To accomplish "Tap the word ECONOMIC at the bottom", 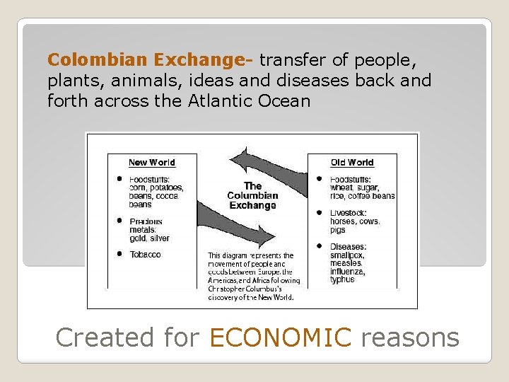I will (280, 337).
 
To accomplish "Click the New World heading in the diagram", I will (152, 163).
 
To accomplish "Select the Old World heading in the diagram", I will (351, 163).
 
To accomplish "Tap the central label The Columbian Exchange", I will (252, 196).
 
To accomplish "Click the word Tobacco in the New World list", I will (145, 254).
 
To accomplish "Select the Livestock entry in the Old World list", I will (348, 213).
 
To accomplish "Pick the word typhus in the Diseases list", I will (342, 279).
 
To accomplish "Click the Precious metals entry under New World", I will (146, 225).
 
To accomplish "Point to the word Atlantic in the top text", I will (221, 100).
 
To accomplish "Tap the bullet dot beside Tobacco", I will (121, 253).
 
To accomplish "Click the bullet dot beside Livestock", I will (320, 212).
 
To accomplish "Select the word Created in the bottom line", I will (105, 337).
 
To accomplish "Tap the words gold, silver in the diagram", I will (149, 238).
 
